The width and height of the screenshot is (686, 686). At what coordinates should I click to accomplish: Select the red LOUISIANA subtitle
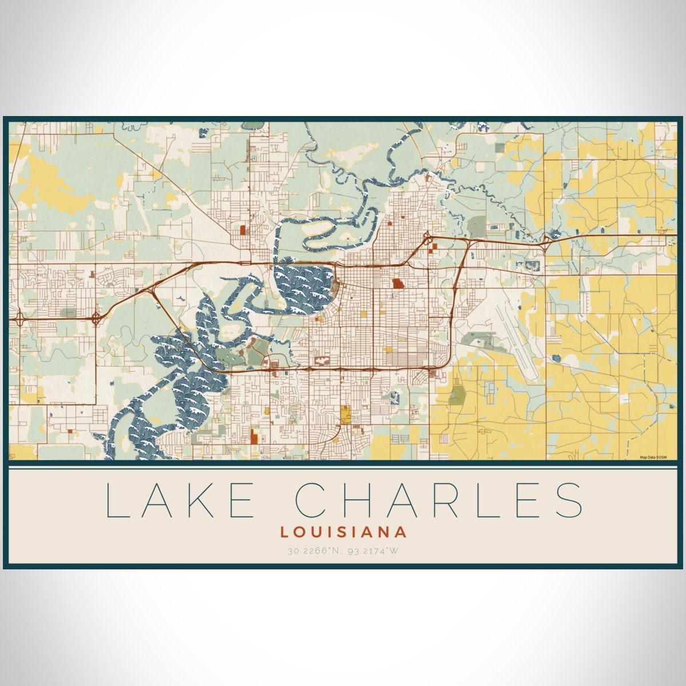pos(344,532)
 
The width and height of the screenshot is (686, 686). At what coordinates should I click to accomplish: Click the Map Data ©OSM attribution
pos(653,457)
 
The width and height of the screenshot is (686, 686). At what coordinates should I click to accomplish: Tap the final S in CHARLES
pos(567,499)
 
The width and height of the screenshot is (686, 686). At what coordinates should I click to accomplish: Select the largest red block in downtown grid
pos(397,283)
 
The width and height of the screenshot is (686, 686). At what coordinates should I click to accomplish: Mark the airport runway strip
pos(517,337)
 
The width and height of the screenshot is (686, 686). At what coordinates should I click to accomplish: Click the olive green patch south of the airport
pos(458,394)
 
